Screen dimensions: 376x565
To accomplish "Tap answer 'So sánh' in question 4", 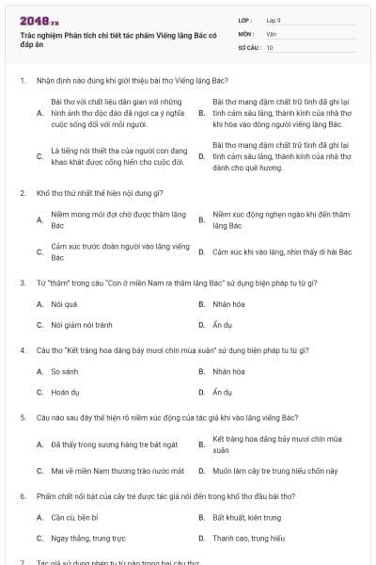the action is (x=65, y=371).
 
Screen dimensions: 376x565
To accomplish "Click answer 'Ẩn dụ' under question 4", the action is (x=223, y=392).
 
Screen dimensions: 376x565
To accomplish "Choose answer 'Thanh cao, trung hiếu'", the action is (x=248, y=539).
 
